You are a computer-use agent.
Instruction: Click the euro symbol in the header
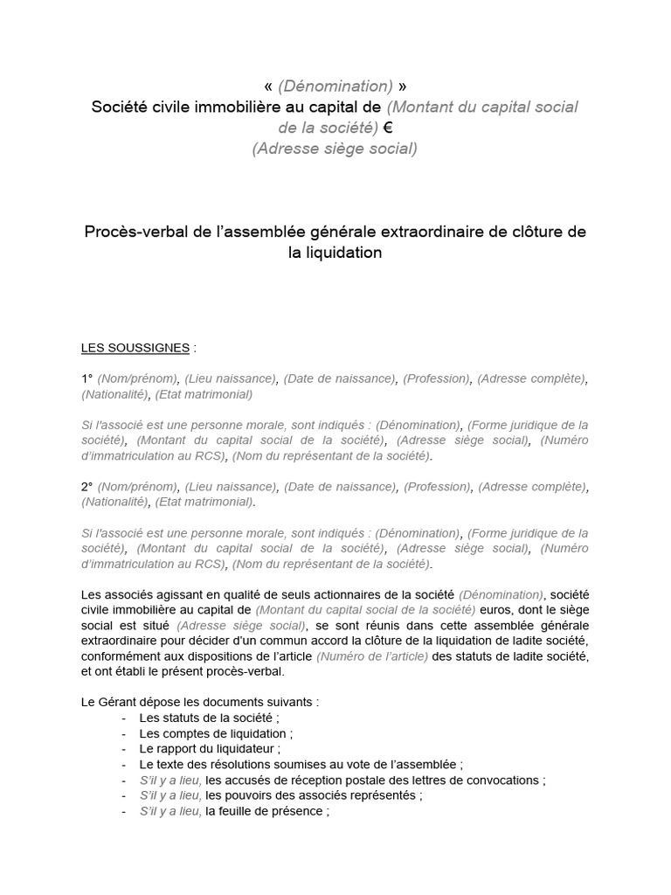point(389,128)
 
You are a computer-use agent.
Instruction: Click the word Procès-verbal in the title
point(128,232)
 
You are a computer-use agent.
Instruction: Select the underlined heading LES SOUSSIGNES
point(135,348)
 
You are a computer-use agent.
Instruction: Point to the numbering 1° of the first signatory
point(87,378)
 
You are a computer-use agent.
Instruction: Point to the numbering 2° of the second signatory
point(87,486)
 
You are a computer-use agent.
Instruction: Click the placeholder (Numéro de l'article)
point(372,656)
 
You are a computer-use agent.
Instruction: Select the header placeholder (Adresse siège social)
point(335,149)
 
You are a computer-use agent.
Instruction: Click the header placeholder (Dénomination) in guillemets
point(335,86)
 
